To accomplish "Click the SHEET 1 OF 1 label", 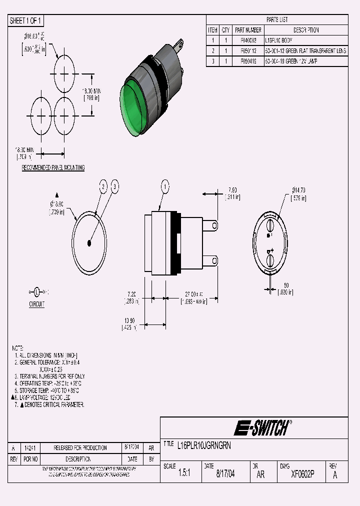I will point(26,20).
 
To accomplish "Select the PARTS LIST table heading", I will point(277,20).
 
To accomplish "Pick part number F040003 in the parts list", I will point(248,40).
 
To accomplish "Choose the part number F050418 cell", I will point(248,61).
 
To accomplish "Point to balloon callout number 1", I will point(164,187).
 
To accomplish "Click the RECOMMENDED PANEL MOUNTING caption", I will point(53,167).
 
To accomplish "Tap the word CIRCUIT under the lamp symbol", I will point(36,304).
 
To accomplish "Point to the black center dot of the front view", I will point(89,243).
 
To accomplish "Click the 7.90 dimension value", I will point(232,190).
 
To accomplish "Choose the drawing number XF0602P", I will point(302,474).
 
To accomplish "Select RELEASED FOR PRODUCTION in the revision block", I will point(80,448).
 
